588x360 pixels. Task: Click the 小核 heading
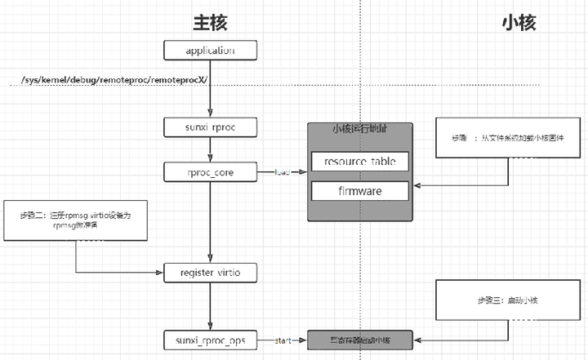point(518,22)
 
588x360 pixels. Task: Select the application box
point(211,51)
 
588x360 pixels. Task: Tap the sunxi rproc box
point(211,127)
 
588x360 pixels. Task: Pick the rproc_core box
point(211,172)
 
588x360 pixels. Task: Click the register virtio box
point(211,270)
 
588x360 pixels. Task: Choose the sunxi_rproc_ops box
point(211,338)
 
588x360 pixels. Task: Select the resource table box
point(360,161)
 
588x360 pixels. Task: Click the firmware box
point(360,191)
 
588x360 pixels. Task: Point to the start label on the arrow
point(283,338)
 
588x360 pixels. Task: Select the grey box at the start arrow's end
point(360,338)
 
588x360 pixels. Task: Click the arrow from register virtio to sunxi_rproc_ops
point(211,304)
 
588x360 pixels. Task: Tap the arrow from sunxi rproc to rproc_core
point(211,149)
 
